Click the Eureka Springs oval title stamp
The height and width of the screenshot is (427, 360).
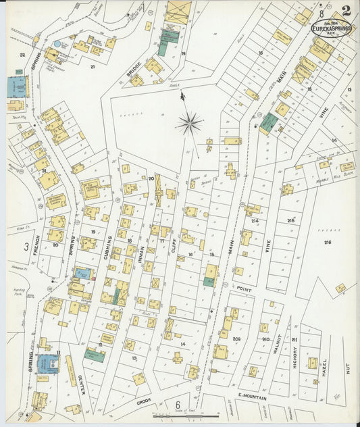[330, 28]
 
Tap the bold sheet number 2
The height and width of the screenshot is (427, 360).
[346, 11]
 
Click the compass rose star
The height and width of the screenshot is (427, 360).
[190, 123]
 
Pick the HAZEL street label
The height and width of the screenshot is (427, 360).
[324, 368]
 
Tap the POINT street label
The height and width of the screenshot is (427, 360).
[245, 288]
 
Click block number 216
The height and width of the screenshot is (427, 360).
[328, 242]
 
